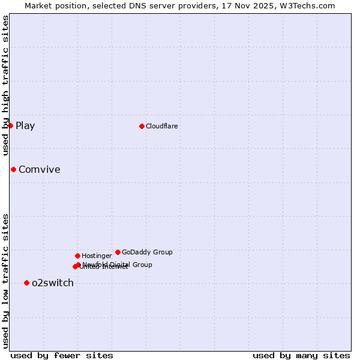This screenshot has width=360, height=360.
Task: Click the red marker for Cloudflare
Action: tap(142, 126)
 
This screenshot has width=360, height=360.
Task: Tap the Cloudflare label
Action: tap(161, 126)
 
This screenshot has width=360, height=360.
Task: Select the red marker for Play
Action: tap(10, 125)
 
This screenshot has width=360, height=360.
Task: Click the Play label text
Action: tap(25, 125)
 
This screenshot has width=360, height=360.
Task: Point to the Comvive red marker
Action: tap(13, 169)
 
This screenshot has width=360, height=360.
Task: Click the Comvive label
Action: tap(39, 169)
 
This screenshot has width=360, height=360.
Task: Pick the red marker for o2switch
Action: tap(26, 283)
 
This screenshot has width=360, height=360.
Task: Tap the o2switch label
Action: tap(53, 283)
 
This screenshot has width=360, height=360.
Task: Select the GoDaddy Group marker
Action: tap(118, 252)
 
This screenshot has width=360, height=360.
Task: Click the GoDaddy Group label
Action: tap(147, 252)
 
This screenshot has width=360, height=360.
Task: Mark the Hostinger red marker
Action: tap(77, 256)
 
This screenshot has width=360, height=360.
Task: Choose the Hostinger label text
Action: tap(97, 256)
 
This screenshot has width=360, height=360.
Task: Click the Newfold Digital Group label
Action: tap(118, 264)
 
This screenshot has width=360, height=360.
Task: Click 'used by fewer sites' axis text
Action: tap(62, 355)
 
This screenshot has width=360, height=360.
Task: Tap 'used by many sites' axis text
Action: tap(301, 355)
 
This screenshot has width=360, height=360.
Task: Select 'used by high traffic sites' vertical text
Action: tap(5, 86)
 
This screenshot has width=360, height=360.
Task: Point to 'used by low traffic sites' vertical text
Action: tap(5, 281)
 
